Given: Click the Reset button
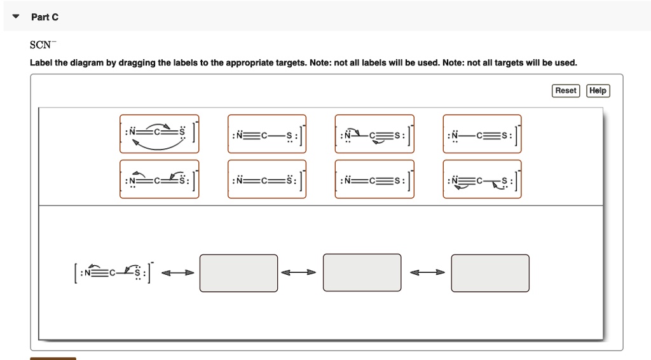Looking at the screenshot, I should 566,91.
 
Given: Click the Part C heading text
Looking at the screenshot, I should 45,17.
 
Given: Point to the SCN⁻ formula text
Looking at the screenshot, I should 43,46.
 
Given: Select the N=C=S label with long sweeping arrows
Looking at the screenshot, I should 159,134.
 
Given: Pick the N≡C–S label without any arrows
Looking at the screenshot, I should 267,134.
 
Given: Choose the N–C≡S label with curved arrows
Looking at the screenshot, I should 374,134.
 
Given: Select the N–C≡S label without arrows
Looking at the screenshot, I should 482,134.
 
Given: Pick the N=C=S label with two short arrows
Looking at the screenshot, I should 159,179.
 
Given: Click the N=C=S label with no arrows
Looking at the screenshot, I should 267,179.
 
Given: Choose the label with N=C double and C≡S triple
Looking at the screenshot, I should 374,179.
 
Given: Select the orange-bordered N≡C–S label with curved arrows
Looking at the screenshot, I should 482,179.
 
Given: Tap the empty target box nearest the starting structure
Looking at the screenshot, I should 238,273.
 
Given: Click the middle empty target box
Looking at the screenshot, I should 362,272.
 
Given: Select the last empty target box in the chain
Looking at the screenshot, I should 490,273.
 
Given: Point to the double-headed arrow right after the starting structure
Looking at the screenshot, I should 178,273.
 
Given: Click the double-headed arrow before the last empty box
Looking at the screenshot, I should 427,273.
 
